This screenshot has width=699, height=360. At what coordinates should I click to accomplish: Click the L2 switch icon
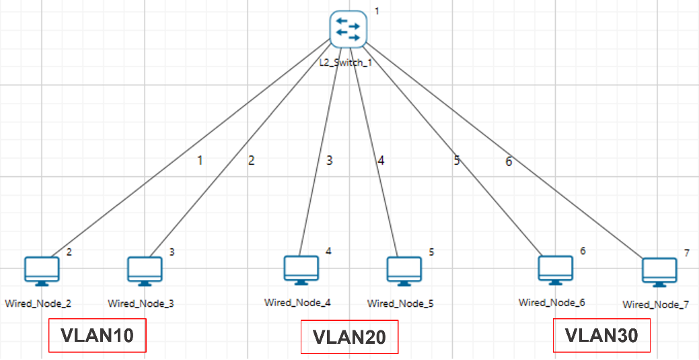348,29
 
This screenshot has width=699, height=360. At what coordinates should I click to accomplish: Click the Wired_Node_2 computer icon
42,271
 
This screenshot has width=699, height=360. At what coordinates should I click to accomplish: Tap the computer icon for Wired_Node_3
145,271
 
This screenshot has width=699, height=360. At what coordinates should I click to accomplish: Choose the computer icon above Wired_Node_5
404,271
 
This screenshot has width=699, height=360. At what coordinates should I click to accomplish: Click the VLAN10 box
97,335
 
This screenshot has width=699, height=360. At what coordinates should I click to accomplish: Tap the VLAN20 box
349,337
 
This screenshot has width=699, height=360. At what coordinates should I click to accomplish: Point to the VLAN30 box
601,335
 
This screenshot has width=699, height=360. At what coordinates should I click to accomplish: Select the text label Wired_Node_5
400,303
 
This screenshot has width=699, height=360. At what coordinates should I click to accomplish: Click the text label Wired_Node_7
655,305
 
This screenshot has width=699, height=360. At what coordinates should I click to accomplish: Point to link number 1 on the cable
199,160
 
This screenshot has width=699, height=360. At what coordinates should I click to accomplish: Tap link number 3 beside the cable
330,160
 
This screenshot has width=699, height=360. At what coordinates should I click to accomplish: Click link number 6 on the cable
509,161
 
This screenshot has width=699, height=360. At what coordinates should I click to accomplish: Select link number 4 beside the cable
381,160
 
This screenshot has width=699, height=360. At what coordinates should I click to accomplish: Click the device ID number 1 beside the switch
377,11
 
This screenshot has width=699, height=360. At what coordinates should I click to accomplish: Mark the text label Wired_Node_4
297,302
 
